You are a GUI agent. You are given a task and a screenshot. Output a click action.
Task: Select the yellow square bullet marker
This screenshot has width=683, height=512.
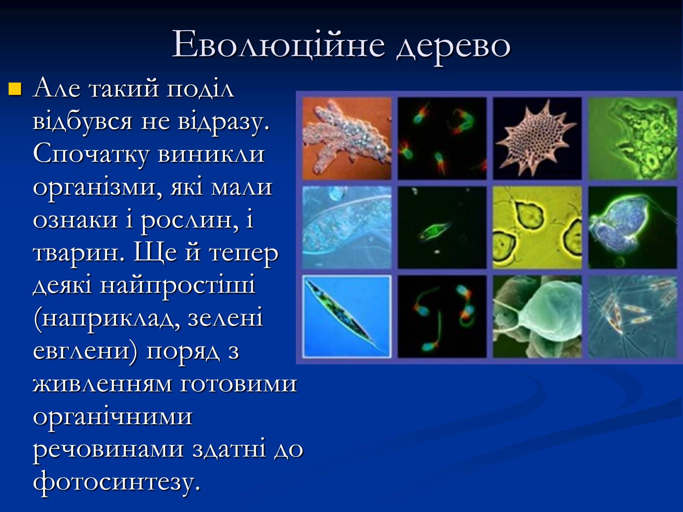point(15,89)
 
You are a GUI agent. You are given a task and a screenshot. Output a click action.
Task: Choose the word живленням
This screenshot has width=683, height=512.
point(102,384)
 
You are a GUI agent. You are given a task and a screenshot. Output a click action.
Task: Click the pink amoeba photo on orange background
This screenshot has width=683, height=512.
point(347,138)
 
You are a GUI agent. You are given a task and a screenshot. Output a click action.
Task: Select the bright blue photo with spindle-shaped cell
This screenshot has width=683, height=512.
point(347,316)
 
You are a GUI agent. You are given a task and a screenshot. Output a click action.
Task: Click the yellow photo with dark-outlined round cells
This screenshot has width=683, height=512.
point(537,227)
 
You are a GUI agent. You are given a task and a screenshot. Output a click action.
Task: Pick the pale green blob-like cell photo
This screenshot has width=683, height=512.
point(537,316)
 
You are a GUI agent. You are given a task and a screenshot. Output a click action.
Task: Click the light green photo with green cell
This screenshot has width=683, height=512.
point(633,138)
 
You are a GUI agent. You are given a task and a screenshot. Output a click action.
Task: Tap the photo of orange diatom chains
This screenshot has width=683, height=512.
point(633,316)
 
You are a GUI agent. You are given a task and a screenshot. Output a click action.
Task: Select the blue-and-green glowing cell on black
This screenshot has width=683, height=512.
point(633,227)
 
